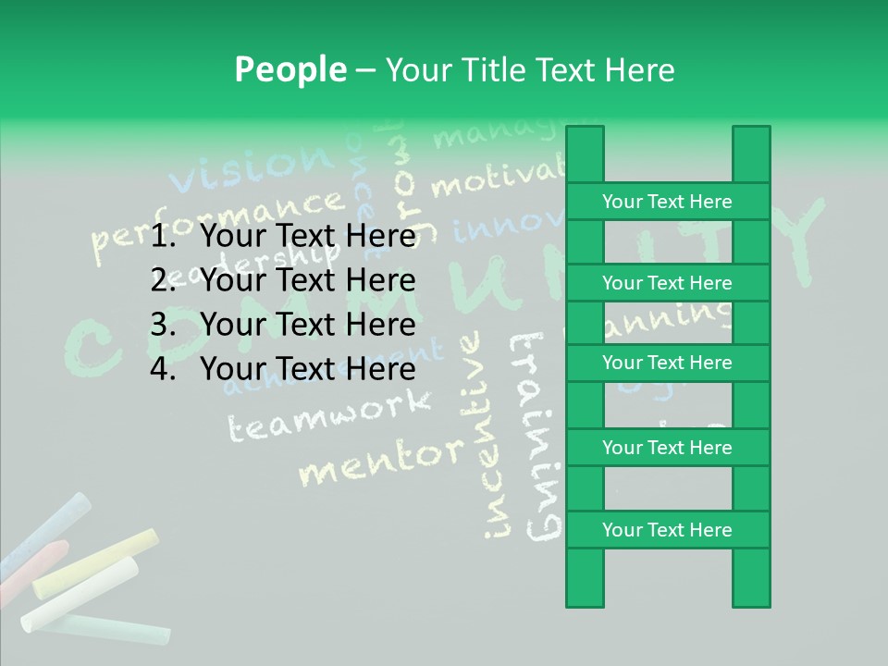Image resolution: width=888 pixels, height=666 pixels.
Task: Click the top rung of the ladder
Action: tap(667, 202)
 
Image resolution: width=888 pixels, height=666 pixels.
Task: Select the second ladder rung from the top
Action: tap(667, 283)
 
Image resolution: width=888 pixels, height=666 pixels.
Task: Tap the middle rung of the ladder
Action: tap(667, 363)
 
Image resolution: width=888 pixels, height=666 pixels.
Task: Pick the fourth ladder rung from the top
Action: tap(667, 448)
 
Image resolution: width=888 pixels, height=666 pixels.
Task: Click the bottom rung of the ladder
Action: tap(667, 530)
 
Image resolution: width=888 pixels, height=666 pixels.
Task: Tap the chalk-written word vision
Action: tap(250, 166)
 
